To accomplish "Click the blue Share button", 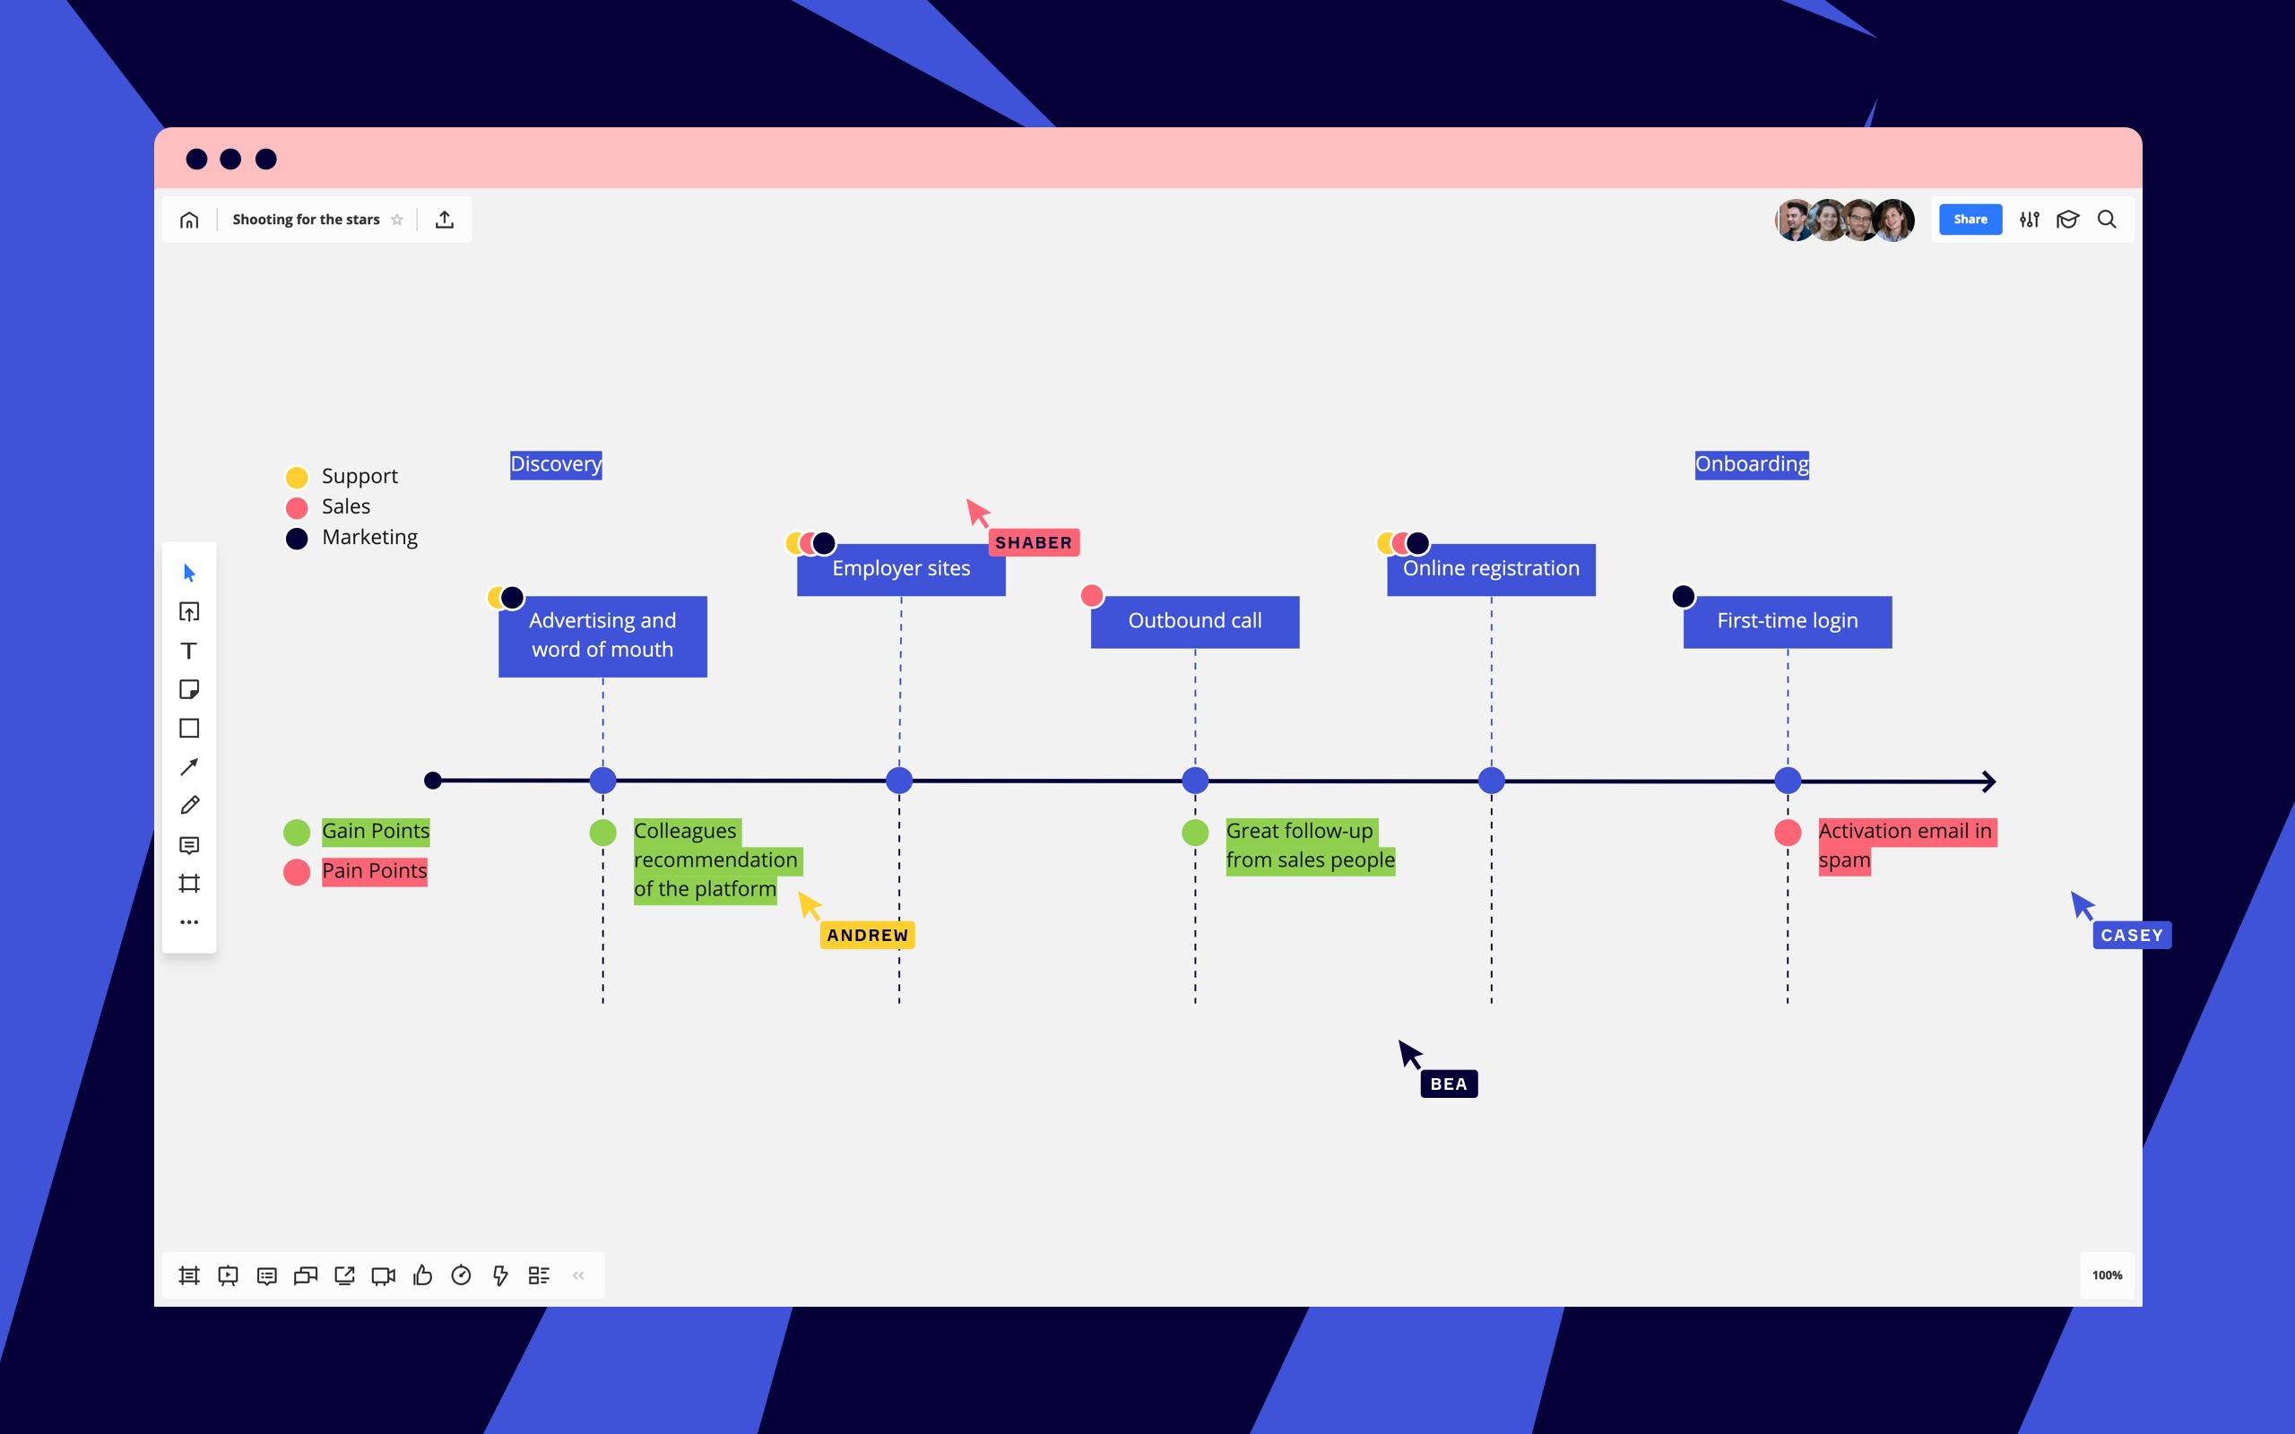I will [1970, 219].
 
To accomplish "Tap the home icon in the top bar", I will [190, 220].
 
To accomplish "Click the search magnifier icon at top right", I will [2106, 219].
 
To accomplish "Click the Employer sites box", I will [901, 569].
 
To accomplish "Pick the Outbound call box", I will [1195, 621].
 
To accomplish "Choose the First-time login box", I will [1787, 621].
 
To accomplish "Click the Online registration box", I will [1491, 569].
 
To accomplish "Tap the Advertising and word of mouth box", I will [602, 635].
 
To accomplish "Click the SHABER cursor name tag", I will [1033, 542].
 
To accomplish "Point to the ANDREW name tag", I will [867, 935].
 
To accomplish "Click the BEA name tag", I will [1448, 1084].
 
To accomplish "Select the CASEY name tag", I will [2131, 935].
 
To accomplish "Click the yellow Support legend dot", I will [297, 477].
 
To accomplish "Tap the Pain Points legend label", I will [374, 870].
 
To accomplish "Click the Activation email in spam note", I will [1904, 845].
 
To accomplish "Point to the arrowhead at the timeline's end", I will [1988, 782].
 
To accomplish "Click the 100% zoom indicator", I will [2106, 1274].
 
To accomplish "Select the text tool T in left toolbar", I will [190, 651].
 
